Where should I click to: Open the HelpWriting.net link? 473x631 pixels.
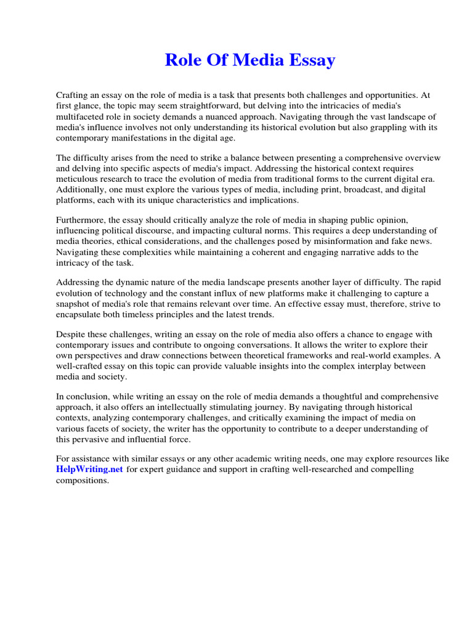(90, 469)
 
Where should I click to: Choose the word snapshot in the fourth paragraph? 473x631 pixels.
(75, 304)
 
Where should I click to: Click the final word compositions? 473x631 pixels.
(83, 480)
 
